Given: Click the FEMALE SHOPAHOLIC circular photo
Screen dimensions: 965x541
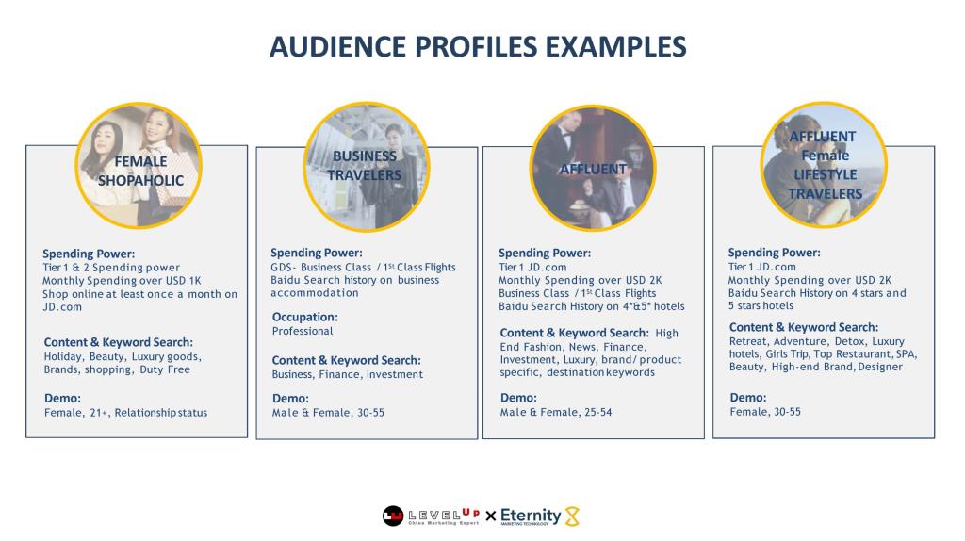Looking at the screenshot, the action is [139, 166].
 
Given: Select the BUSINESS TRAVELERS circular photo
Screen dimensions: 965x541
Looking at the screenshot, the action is [367, 167].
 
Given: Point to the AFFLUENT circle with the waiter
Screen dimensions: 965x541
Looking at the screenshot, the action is [593, 168].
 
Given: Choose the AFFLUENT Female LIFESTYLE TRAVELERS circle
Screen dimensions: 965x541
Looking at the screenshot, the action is [824, 165].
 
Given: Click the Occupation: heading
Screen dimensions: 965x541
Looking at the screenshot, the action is [304, 317].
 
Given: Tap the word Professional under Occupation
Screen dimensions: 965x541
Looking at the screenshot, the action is [303, 331].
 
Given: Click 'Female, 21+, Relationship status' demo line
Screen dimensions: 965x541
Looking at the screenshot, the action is [125, 413].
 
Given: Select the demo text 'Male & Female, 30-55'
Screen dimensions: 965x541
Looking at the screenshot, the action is [328, 413].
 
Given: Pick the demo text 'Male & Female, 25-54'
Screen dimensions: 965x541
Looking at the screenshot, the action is [556, 413].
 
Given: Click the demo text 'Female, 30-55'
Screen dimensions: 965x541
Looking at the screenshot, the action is [765, 412].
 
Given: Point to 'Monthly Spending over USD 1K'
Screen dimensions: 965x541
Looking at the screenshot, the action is [122, 281].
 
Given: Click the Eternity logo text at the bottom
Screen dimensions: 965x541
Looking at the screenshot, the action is [531, 516].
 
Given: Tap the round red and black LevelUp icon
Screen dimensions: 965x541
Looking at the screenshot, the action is [393, 516].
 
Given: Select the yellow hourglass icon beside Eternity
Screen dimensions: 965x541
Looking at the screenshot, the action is [572, 516].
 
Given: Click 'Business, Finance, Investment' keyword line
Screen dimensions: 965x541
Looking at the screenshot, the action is [347, 374].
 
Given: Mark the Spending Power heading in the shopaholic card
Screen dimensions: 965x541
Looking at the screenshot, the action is [89, 254].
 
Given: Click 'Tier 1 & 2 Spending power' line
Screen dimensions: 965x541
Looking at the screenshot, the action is [111, 268].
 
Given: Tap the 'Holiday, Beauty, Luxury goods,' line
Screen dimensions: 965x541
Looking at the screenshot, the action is [123, 357].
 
